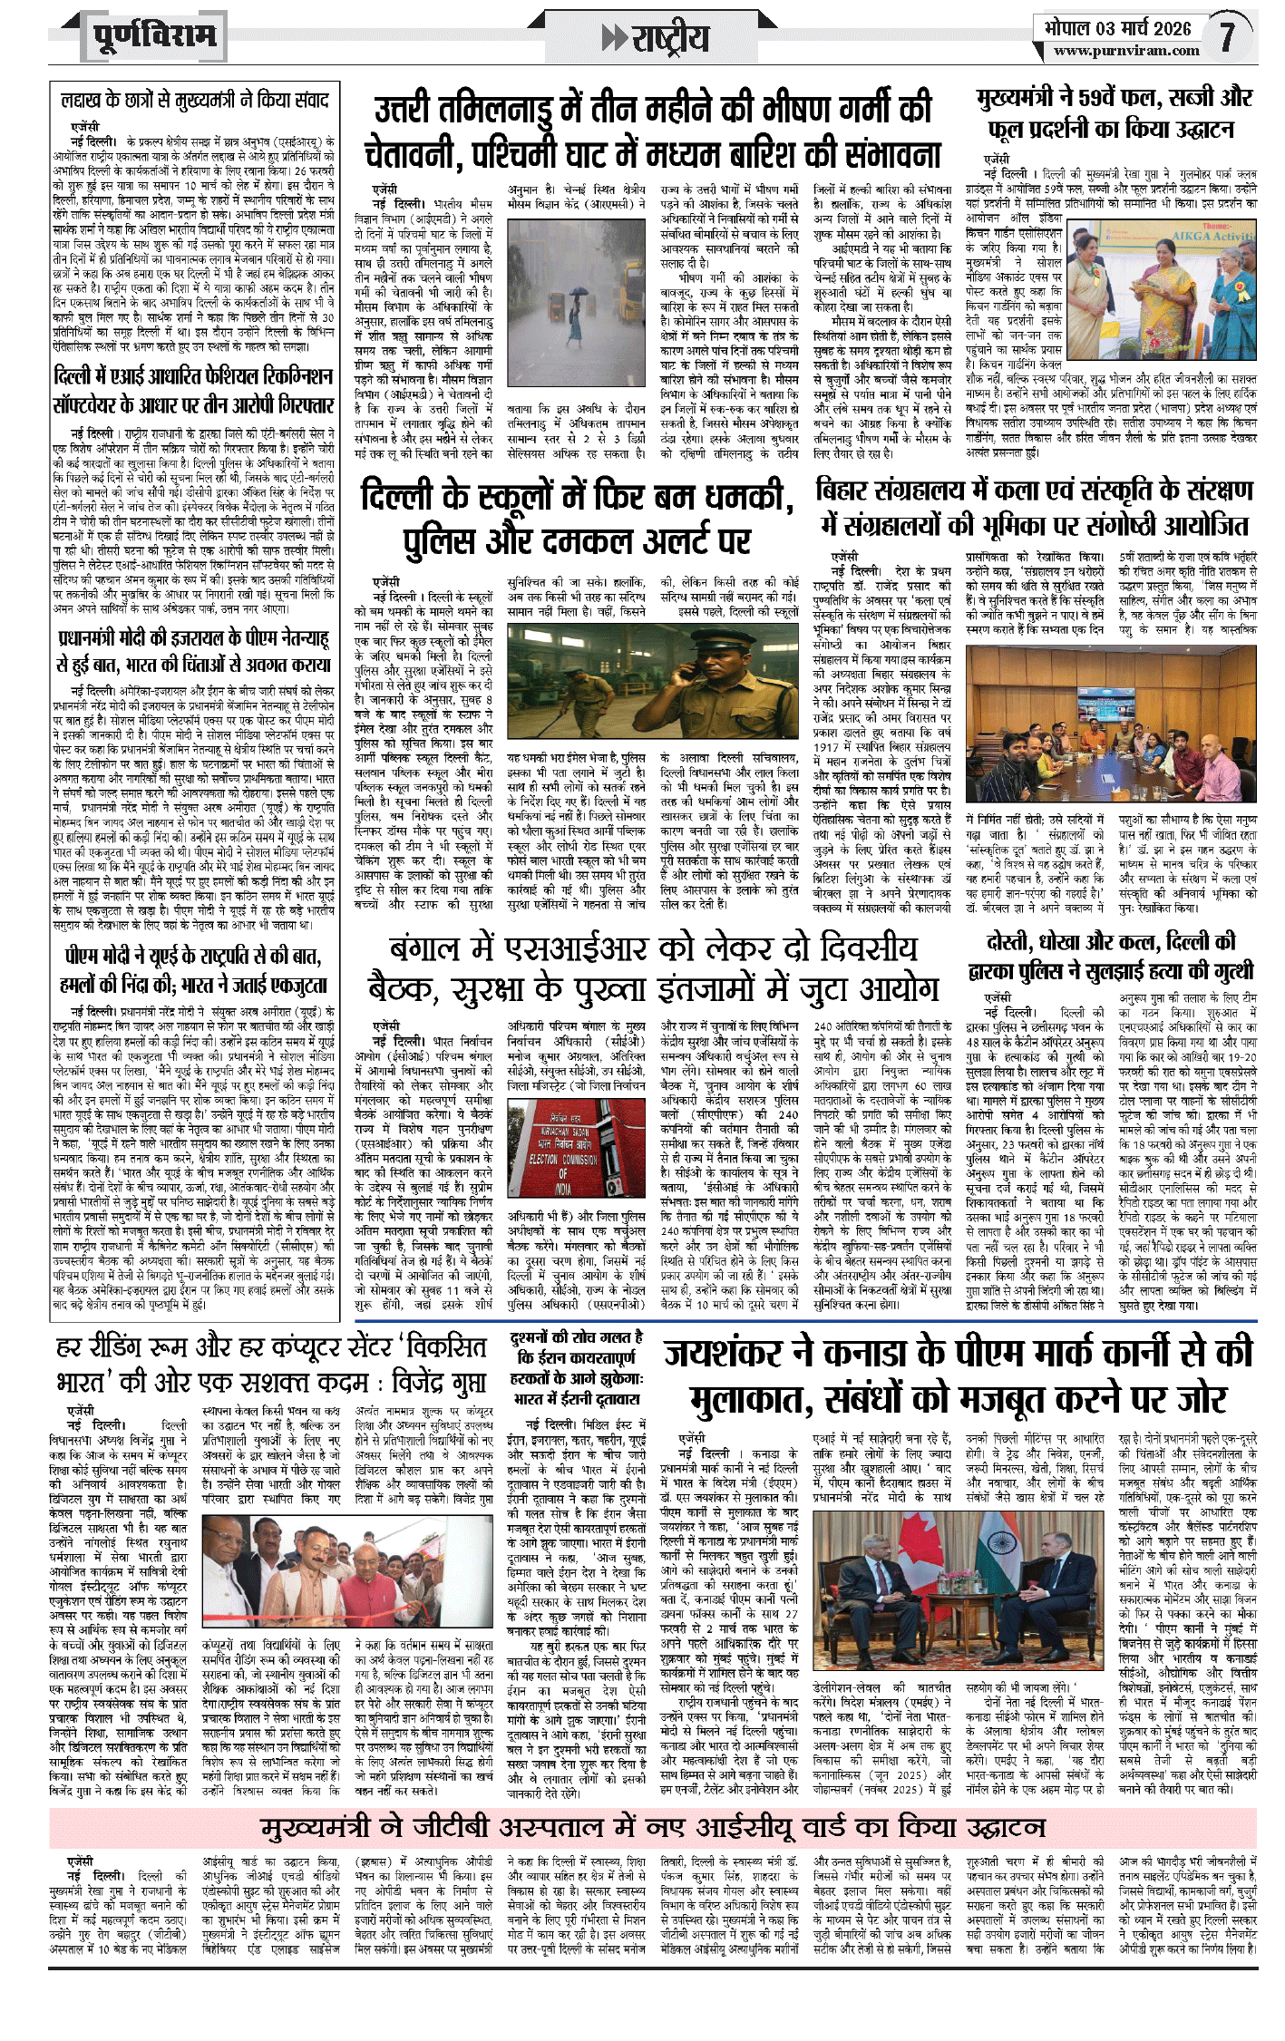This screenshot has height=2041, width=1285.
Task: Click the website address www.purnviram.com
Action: pyautogui.click(x=1126, y=52)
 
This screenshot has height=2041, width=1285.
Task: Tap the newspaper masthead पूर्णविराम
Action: pyautogui.click(x=155, y=36)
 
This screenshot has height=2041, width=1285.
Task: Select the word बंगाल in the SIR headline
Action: pyautogui.click(x=436, y=949)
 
